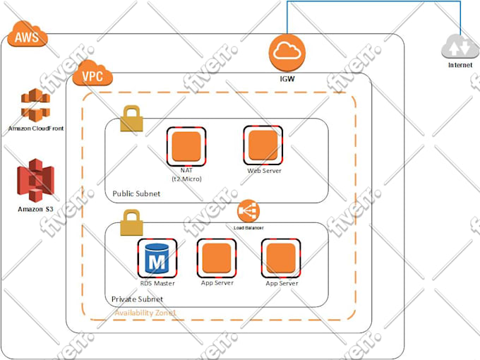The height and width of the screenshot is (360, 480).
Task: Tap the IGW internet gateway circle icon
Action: tap(287, 50)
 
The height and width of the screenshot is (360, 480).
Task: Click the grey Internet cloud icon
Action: tap(460, 47)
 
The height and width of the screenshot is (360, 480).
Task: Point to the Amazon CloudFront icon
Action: tap(35, 106)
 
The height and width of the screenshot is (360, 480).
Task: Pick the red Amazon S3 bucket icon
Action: tap(35, 180)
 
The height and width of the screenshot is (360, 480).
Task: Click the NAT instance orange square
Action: tap(186, 145)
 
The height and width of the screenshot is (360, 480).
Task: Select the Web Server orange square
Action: tap(263, 145)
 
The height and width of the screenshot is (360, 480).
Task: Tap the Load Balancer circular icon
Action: tap(248, 211)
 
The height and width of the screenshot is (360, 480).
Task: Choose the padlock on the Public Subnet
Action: tap(131, 118)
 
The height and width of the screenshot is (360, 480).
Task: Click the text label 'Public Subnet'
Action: tap(136, 194)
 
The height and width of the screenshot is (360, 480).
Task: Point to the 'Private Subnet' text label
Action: tap(137, 299)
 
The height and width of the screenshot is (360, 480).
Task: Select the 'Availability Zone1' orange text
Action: tap(145, 312)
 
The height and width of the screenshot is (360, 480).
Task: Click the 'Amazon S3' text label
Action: tap(35, 209)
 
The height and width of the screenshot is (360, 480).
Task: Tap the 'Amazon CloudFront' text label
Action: tap(35, 128)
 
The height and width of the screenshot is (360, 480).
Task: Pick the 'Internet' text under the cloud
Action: tap(460, 66)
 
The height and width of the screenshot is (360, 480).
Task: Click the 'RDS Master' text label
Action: tap(157, 284)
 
